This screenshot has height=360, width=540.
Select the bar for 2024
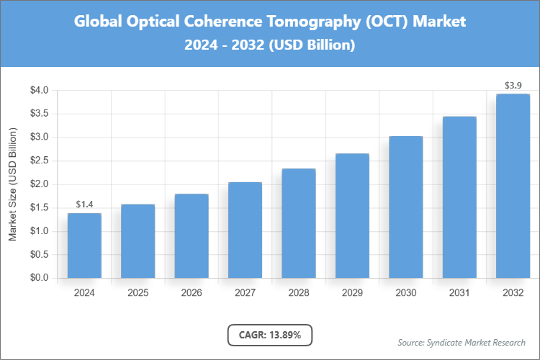coord(84,246)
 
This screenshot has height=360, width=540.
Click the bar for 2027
coord(245,230)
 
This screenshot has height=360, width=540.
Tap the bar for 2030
coord(405,207)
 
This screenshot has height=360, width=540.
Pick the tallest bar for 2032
coord(513,186)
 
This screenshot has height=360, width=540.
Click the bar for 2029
coord(352,216)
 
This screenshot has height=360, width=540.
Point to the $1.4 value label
coord(84,204)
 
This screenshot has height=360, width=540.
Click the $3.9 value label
coord(513,86)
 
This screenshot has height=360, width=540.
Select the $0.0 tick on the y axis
coord(39,278)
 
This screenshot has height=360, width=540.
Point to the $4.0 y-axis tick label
coord(39,91)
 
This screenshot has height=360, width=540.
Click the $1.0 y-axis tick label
coord(39,231)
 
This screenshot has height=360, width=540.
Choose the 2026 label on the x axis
coord(192,293)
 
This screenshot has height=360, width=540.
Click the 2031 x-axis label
coord(459,293)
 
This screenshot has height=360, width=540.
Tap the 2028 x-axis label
coord(299,293)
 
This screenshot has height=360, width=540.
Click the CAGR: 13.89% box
coord(270,334)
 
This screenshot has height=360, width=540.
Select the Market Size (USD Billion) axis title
coord(12,184)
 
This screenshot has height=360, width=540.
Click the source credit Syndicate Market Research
coord(462,342)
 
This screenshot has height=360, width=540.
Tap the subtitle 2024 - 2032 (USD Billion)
coord(270,45)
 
